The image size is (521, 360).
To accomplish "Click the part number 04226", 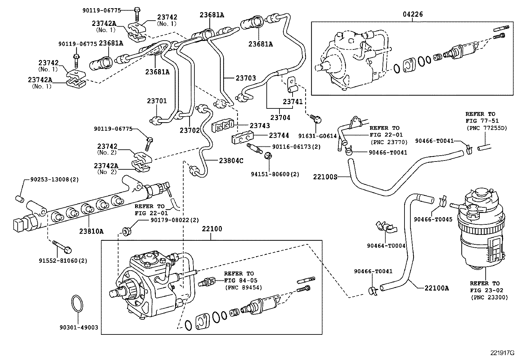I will pos(413,14).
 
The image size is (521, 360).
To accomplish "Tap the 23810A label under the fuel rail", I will pos(91,231).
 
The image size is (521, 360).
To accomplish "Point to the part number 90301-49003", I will pos(79,327).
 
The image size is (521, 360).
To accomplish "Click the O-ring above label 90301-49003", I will pos(77,304).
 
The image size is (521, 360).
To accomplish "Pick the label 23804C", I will pos(231,161).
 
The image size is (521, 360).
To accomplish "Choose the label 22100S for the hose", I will pos(325,177).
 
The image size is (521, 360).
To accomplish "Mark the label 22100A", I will pos(437,288).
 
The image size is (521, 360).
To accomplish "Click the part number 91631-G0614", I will pos(317,136).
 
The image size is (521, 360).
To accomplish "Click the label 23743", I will pos(260,125).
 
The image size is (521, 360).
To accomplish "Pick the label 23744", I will pos(279,135).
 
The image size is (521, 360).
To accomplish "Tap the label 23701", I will pos(157,101).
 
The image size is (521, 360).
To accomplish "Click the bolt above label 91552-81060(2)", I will pos(62,246).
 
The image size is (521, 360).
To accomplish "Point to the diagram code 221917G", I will pos(502,353).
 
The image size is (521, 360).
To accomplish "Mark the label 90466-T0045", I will pos(433,219).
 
